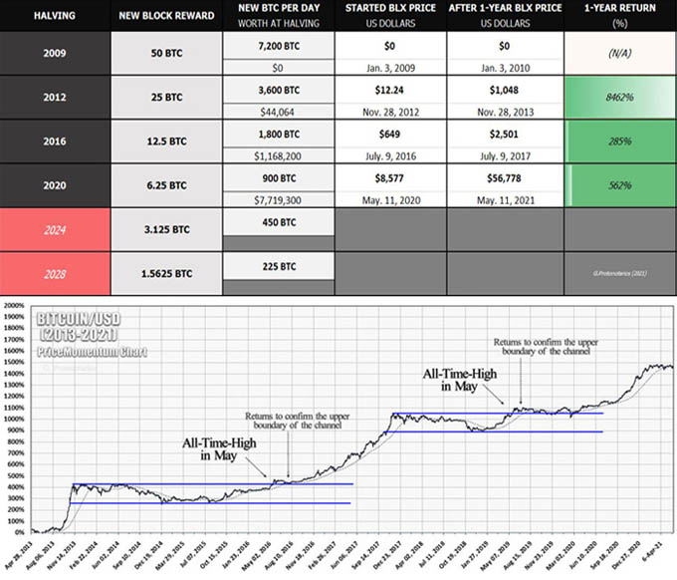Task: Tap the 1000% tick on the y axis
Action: [14, 420]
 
